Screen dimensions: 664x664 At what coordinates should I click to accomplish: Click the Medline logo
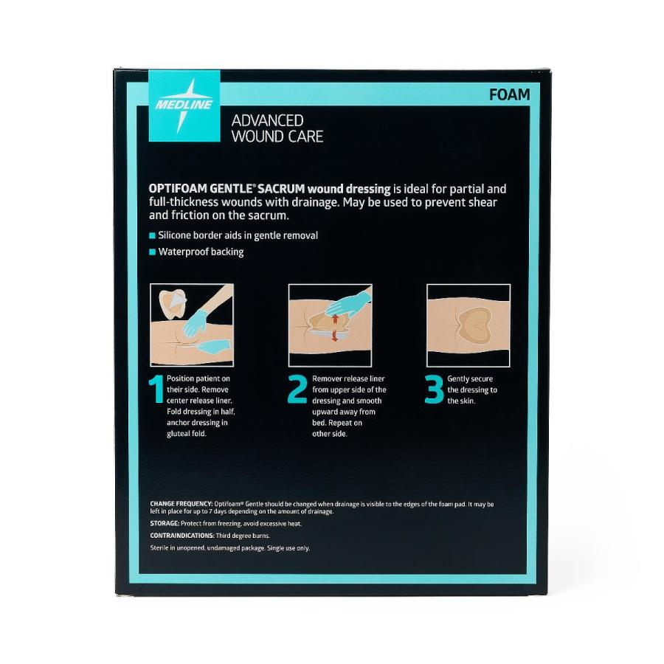184,106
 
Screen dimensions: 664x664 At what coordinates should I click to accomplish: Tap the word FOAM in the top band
509,95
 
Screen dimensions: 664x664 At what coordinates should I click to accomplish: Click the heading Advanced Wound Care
277,128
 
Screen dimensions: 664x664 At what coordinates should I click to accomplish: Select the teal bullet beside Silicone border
153,235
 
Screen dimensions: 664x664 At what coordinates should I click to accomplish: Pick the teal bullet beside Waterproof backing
153,252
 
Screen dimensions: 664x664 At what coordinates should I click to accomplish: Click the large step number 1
156,390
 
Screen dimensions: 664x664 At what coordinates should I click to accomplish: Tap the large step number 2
297,390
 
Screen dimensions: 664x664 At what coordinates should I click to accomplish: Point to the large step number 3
434,390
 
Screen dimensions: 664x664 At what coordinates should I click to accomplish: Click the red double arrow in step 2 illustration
333,328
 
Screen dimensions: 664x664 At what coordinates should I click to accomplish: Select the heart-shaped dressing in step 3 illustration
474,325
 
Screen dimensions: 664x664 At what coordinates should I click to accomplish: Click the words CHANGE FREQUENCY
181,504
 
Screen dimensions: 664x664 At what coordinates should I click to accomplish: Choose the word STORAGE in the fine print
165,523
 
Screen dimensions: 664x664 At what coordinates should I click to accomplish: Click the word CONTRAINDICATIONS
182,536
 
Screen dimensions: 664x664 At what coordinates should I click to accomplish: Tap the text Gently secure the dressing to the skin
472,390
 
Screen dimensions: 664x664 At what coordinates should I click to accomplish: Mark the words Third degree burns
243,536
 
